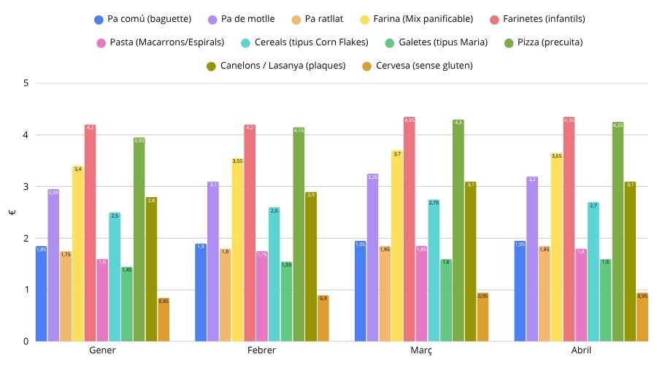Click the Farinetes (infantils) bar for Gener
pos(91,234)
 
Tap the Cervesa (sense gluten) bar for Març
pos(483,317)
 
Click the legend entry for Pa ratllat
pos(320,18)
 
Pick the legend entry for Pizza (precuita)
pos(548,42)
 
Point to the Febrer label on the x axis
pos(261,351)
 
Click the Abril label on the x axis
pos(581,351)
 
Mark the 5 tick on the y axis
pos(26,83)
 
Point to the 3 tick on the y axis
pos(26,187)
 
